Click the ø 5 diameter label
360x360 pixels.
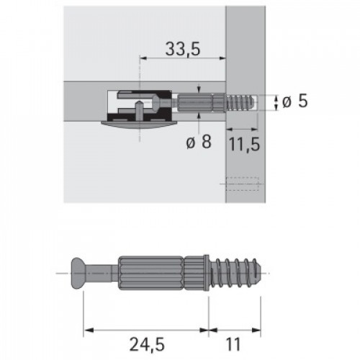coord(295,102)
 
